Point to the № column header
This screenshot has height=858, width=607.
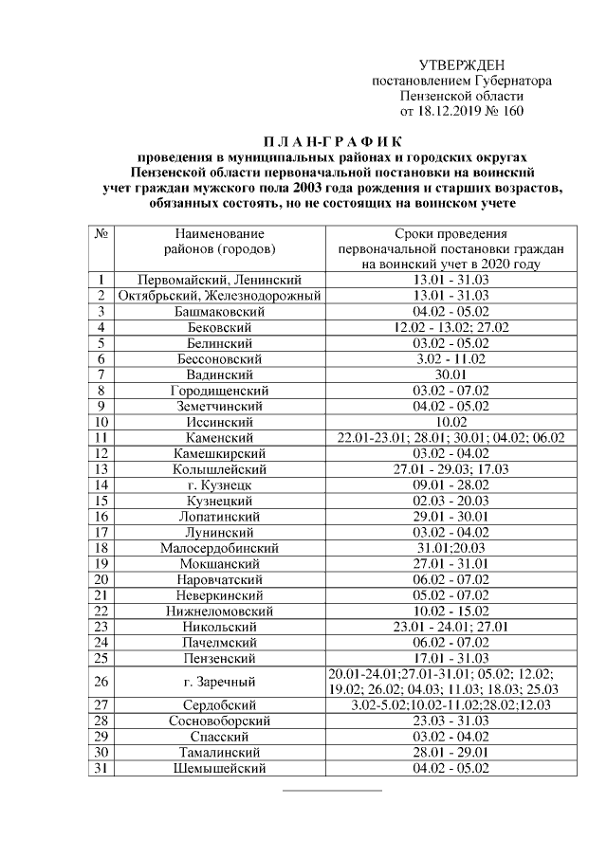[101, 233]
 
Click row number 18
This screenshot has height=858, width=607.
[101, 547]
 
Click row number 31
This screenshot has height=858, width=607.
[101, 769]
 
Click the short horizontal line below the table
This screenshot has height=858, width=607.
[332, 789]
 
